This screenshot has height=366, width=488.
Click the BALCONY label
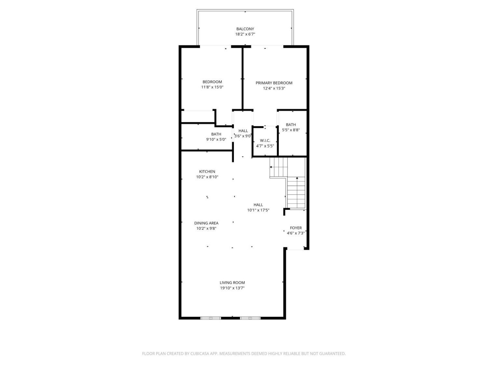point(245,29)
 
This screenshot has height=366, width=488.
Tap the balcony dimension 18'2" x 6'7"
point(245,34)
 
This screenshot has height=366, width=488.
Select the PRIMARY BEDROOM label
point(274,83)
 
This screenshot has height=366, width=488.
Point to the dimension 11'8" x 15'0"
point(212,87)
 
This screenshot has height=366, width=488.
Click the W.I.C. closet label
point(265,141)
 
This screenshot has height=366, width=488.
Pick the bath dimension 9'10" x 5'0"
point(216,140)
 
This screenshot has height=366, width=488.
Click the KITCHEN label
point(207,172)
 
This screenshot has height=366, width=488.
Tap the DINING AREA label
point(206,223)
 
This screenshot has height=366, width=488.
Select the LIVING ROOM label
point(232,283)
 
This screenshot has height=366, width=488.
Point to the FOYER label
point(296,228)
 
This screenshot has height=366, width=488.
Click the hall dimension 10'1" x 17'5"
point(258,210)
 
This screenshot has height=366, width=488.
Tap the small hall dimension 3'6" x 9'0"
point(243,136)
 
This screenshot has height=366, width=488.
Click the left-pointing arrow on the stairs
point(271,167)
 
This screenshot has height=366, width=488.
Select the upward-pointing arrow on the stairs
point(297,178)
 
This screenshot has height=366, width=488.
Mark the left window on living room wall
point(210,318)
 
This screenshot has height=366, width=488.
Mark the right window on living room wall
point(250,318)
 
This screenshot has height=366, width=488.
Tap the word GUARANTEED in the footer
point(333,354)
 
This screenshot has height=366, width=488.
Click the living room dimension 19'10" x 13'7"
point(232,288)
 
